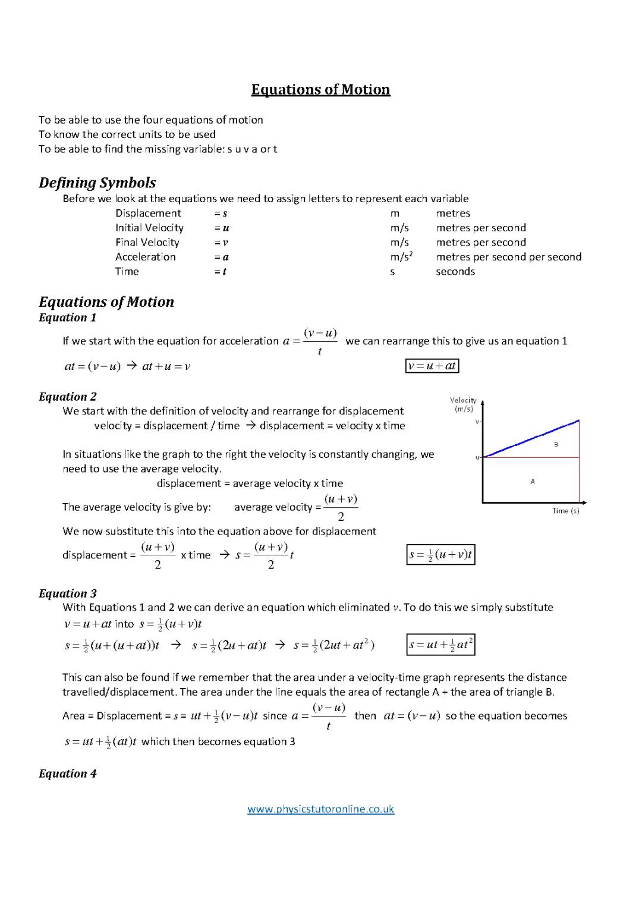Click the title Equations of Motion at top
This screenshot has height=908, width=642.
coord(320,90)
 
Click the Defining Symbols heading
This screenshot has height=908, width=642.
coord(97,183)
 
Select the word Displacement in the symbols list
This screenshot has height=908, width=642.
coord(148,213)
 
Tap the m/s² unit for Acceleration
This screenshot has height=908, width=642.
coord(401,257)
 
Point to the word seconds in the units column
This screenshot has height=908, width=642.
coord(455,272)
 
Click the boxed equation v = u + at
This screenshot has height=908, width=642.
coord(432,366)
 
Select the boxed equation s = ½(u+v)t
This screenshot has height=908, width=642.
coord(440,555)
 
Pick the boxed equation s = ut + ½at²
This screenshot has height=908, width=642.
coord(440,645)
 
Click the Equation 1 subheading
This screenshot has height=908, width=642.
coord(67,318)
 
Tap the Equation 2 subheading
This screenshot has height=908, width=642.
coord(67,397)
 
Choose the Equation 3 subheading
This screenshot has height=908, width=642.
coord(67,593)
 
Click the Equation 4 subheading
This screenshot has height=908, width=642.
coord(67,774)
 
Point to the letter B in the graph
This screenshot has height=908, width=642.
coord(556,445)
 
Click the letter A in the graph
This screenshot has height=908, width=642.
coord(533,482)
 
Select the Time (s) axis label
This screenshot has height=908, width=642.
coord(565,511)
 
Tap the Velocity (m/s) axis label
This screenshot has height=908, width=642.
coord(463,404)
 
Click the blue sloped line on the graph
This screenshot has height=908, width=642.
coord(531,439)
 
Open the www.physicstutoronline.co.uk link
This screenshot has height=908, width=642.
coord(320,809)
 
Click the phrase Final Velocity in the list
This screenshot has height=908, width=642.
coord(147,243)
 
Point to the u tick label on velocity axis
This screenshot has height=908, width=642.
coord(477,457)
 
